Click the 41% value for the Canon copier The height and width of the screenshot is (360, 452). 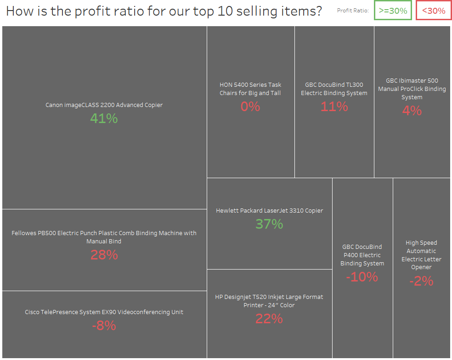click(104, 118)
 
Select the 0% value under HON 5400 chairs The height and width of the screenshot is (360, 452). click(250, 107)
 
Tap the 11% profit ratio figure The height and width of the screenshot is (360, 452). click(334, 107)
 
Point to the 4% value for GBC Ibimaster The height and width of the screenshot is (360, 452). click(412, 110)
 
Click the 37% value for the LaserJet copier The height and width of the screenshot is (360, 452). click(269, 224)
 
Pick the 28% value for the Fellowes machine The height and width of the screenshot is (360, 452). click(104, 255)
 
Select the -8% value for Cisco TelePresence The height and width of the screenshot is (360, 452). click(104, 326)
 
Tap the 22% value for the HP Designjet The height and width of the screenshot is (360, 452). click(269, 319)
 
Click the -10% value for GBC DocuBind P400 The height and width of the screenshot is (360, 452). click(362, 277)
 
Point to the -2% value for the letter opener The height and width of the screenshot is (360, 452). click(421, 281)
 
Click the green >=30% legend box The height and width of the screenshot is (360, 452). click(393, 11)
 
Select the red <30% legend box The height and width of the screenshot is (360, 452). click(434, 11)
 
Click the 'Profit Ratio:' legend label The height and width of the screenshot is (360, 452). click(353, 11)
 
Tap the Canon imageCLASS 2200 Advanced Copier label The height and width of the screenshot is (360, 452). click(104, 105)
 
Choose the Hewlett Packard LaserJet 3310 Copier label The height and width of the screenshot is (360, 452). click(269, 210)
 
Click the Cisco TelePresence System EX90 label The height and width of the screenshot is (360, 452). click(104, 312)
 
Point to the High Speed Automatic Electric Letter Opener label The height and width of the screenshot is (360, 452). click(421, 255)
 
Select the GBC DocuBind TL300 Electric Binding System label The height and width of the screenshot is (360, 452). click(334, 89)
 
